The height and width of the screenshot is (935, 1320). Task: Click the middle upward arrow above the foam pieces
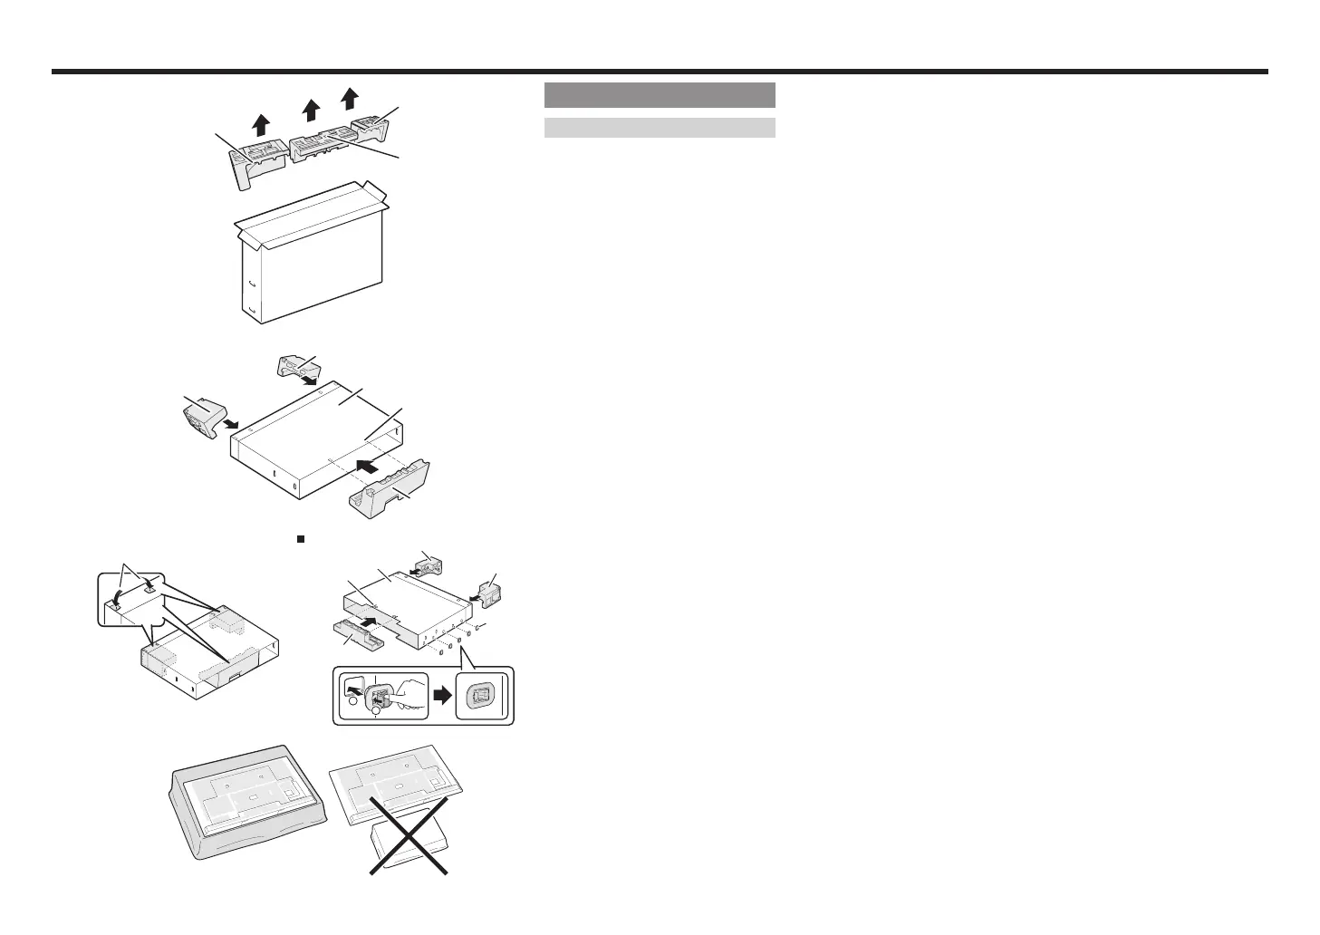click(311, 110)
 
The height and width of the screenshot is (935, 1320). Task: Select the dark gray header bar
click(660, 95)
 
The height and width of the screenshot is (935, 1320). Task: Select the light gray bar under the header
click(660, 127)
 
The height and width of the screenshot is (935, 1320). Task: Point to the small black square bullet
click(298, 537)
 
